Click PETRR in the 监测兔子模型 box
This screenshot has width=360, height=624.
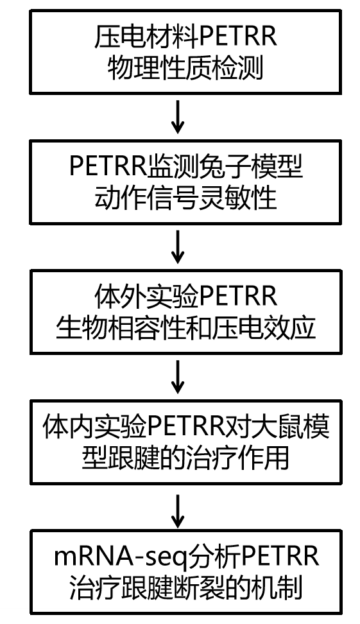[x=106, y=169]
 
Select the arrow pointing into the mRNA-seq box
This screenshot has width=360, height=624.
[x=180, y=509]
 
